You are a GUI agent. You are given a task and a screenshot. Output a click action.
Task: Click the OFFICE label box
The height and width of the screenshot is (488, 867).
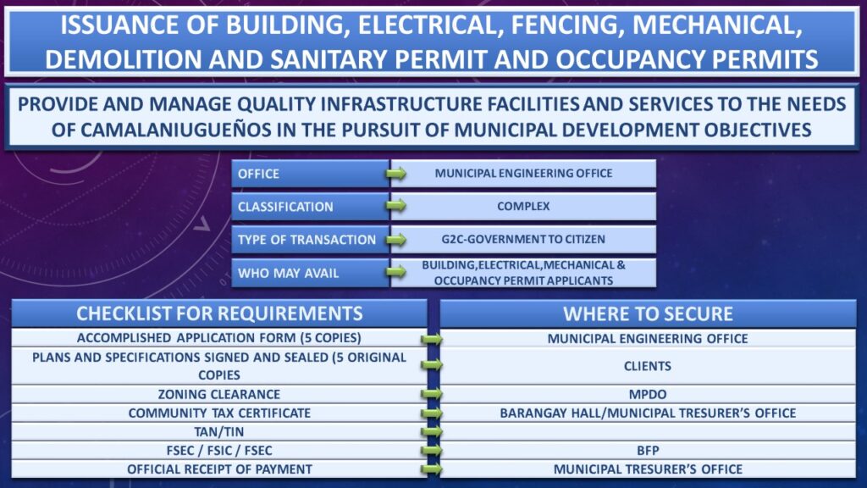[310, 174]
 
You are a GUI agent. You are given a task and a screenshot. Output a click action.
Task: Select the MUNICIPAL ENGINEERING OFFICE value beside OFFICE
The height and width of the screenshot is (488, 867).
[523, 173]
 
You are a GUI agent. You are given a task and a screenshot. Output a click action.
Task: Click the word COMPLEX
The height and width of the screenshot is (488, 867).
[523, 207]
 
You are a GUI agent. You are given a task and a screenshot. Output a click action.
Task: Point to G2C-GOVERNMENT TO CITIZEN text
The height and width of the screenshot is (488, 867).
[523, 239]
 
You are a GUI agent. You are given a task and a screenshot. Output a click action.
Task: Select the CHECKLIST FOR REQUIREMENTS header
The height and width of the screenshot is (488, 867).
[219, 313]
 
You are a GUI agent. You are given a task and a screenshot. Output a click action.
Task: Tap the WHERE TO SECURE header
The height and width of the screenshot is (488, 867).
[648, 313]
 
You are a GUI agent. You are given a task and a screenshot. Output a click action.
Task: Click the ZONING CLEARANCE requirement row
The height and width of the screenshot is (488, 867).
[219, 394]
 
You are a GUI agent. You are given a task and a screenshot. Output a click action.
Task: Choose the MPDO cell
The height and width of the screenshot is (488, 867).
[648, 394]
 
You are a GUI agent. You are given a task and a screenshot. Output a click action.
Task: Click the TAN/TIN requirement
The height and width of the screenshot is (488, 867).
[219, 431]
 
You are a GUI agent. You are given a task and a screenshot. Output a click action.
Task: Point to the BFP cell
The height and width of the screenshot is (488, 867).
[648, 451]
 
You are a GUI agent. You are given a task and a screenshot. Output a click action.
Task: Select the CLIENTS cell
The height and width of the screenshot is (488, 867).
[648, 366]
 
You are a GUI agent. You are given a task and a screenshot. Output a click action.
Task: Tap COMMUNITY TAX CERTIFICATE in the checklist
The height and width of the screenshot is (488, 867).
[219, 413]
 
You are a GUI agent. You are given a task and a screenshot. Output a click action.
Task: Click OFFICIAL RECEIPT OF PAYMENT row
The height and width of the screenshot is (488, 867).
[219, 469]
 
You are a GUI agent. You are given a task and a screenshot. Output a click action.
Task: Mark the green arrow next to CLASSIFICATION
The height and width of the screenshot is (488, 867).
[396, 206]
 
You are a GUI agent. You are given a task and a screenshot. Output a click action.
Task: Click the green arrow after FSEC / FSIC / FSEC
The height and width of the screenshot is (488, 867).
[431, 451]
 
